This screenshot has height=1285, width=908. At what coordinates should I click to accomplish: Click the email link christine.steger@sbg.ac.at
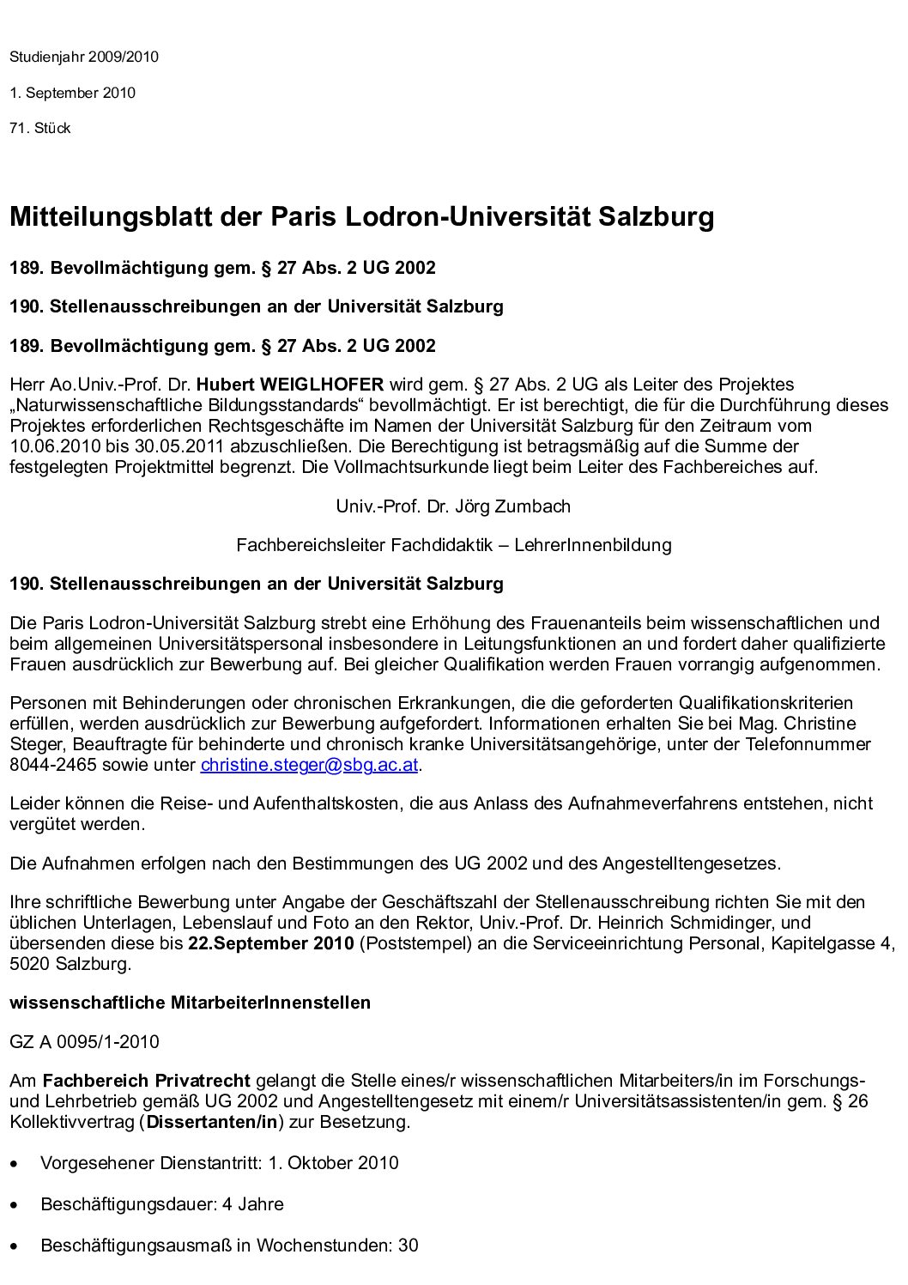pyautogui.click(x=309, y=765)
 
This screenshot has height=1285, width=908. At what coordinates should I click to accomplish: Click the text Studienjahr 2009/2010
pyautogui.click(x=84, y=58)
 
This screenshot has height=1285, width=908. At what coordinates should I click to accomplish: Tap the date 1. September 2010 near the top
pyautogui.click(x=72, y=93)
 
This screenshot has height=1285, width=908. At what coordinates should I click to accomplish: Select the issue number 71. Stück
pyautogui.click(x=39, y=129)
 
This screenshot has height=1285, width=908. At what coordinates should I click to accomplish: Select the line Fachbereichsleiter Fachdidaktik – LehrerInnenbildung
pyautogui.click(x=453, y=545)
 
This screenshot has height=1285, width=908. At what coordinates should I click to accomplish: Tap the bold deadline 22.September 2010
pyautogui.click(x=270, y=944)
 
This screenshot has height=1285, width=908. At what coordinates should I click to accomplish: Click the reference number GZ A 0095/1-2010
pyautogui.click(x=84, y=1042)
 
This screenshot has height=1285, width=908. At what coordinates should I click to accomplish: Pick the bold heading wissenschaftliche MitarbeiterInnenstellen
pyautogui.click(x=190, y=1003)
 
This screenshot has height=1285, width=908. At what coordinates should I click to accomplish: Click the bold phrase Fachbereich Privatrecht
pyautogui.click(x=146, y=1081)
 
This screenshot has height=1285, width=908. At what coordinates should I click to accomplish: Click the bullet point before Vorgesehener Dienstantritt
pyautogui.click(x=15, y=1165)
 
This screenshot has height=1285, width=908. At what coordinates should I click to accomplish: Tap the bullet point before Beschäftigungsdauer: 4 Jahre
pyautogui.click(x=15, y=1205)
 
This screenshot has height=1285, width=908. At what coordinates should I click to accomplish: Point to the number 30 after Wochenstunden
pyautogui.click(x=408, y=1245)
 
